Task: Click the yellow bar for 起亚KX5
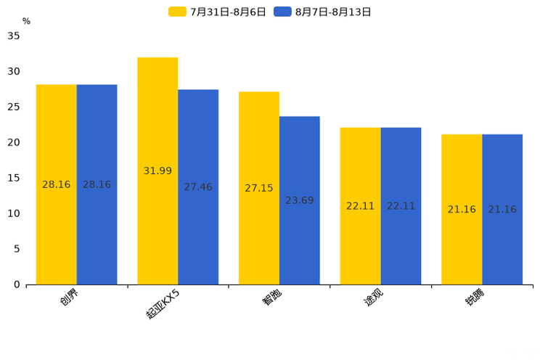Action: [157, 171]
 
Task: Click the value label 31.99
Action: [157, 171]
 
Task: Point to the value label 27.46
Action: [198, 187]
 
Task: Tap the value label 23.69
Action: [299, 200]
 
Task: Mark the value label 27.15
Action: [259, 188]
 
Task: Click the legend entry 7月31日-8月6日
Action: [218, 12]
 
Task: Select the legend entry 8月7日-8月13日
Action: [323, 12]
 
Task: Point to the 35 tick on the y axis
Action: [14, 36]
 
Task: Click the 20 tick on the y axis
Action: [14, 142]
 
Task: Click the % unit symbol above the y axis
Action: [26, 21]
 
